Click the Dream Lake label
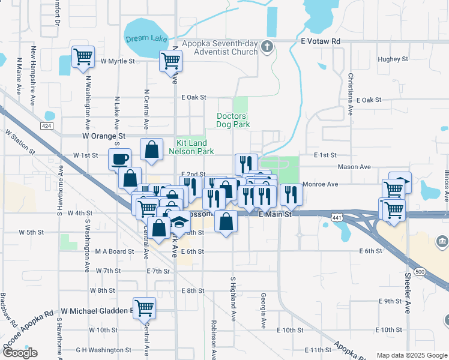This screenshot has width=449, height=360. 146,38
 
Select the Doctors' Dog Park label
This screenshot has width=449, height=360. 232,120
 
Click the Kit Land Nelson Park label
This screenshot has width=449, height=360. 196,148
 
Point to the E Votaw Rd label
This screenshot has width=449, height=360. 321,41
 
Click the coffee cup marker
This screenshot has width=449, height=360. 119,158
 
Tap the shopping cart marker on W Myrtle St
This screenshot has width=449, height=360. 82,57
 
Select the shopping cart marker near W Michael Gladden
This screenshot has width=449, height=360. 144,308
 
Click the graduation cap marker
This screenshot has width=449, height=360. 178,222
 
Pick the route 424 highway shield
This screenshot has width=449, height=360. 47,125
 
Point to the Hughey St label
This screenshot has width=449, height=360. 393,59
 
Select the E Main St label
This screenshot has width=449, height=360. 274,214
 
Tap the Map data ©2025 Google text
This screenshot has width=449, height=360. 411,355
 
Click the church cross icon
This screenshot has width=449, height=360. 268,46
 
